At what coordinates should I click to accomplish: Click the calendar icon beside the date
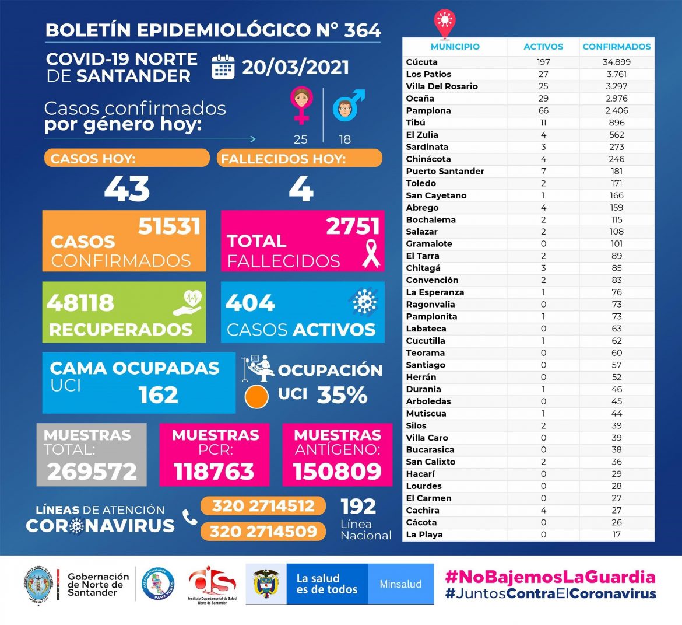coord(223,67)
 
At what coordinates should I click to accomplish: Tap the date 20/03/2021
coord(296,67)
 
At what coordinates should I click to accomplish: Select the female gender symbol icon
coord(301,105)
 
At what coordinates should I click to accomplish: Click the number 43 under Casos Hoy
coord(127,189)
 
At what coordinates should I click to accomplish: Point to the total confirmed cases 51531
coord(169,226)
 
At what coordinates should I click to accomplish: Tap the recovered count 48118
coord(80,303)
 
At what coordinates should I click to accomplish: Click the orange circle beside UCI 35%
coord(256,397)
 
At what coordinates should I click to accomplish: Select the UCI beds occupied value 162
coord(158,395)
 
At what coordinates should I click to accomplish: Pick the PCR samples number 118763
coord(214,472)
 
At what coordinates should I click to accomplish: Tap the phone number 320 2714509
coord(263,532)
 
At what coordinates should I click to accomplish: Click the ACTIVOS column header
coord(543,47)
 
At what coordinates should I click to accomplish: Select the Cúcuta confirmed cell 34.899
coord(616,62)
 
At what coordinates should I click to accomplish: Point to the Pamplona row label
coord(428,110)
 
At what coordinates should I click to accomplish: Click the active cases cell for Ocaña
coord(543,98)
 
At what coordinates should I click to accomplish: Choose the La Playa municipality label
coord(424,535)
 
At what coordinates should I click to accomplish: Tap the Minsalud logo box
coord(400,584)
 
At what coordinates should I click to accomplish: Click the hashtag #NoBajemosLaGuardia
coord(550,577)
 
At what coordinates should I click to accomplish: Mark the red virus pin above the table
coord(444,22)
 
